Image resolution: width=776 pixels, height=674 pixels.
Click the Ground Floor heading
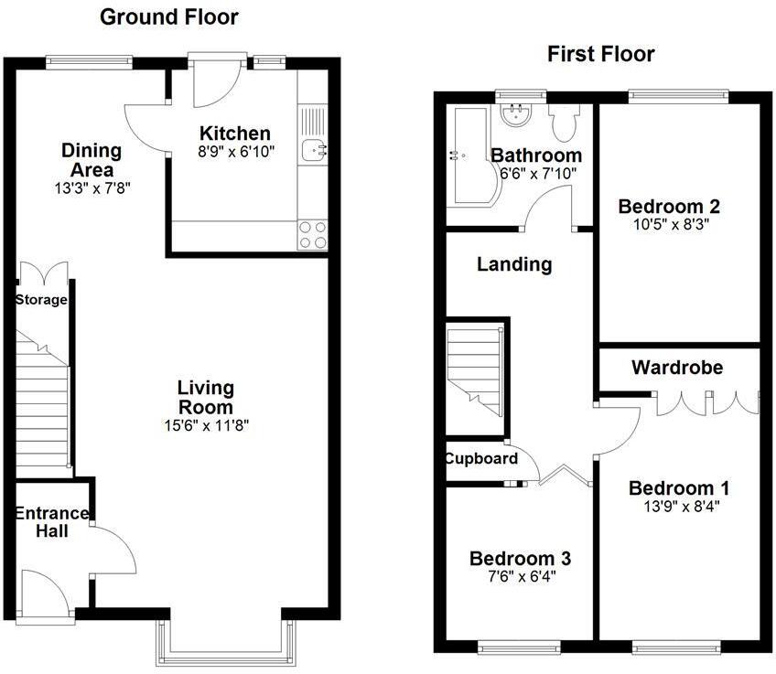click(x=168, y=16)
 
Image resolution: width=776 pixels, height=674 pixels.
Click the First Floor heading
click(x=600, y=54)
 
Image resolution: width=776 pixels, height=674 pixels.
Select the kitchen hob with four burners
click(x=313, y=235)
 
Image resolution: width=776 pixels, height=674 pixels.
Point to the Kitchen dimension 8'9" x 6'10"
click(x=235, y=151)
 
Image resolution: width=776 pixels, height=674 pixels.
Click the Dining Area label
click(x=91, y=160)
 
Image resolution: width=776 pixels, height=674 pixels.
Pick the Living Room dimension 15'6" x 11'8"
click(x=205, y=424)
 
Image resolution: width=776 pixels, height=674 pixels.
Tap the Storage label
click(x=41, y=300)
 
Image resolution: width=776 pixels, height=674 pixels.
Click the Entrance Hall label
click(x=51, y=522)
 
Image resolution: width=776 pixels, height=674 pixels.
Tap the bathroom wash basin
click(x=519, y=113)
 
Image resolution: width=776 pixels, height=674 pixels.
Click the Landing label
click(x=514, y=265)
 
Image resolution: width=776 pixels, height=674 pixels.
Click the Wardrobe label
click(x=677, y=368)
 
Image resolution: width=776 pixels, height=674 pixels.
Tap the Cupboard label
click(x=481, y=459)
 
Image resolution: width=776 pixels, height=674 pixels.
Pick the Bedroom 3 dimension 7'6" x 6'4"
click(x=520, y=577)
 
